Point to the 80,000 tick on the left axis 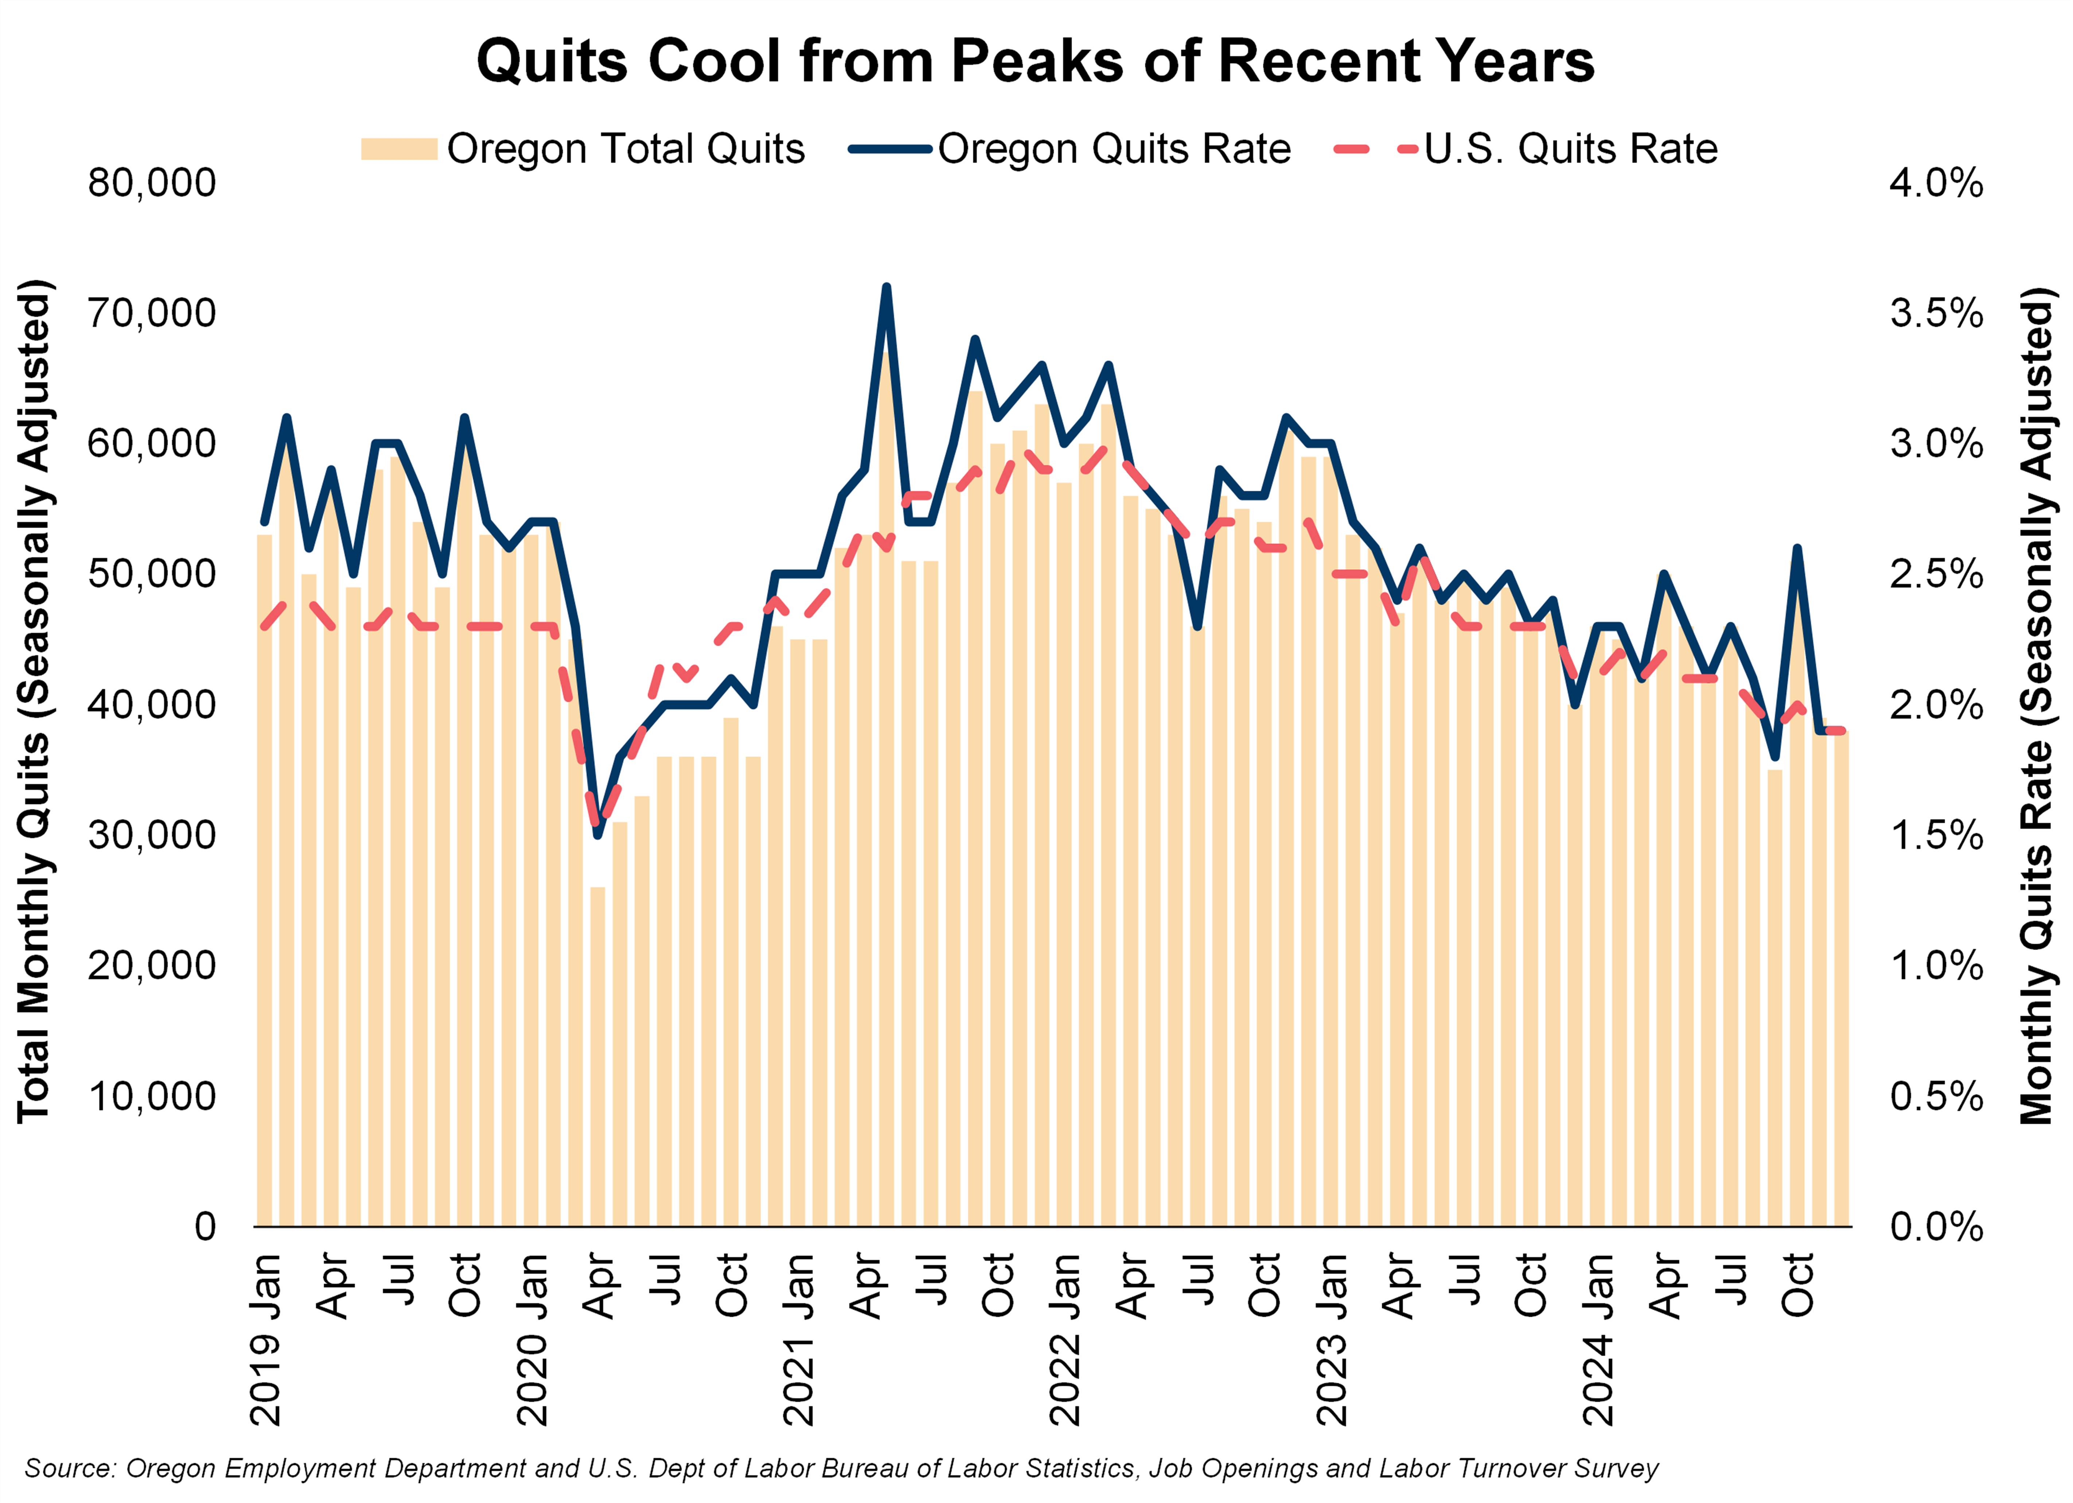pos(152,183)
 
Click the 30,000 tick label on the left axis pos(152,835)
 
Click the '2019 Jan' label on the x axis pos(265,1339)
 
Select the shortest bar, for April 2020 pos(598,1051)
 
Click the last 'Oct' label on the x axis pos(1797,1285)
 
